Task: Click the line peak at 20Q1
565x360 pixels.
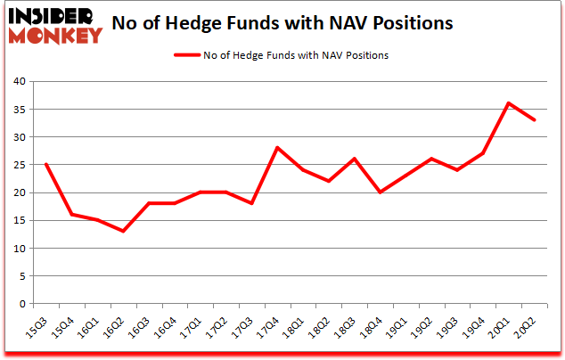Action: (x=508, y=103)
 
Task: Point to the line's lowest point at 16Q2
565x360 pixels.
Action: (x=123, y=232)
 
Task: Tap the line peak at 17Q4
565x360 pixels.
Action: (x=277, y=148)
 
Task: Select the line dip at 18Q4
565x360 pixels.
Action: (x=380, y=192)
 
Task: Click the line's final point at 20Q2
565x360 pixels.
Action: (x=534, y=120)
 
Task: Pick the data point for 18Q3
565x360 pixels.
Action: (x=354, y=159)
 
